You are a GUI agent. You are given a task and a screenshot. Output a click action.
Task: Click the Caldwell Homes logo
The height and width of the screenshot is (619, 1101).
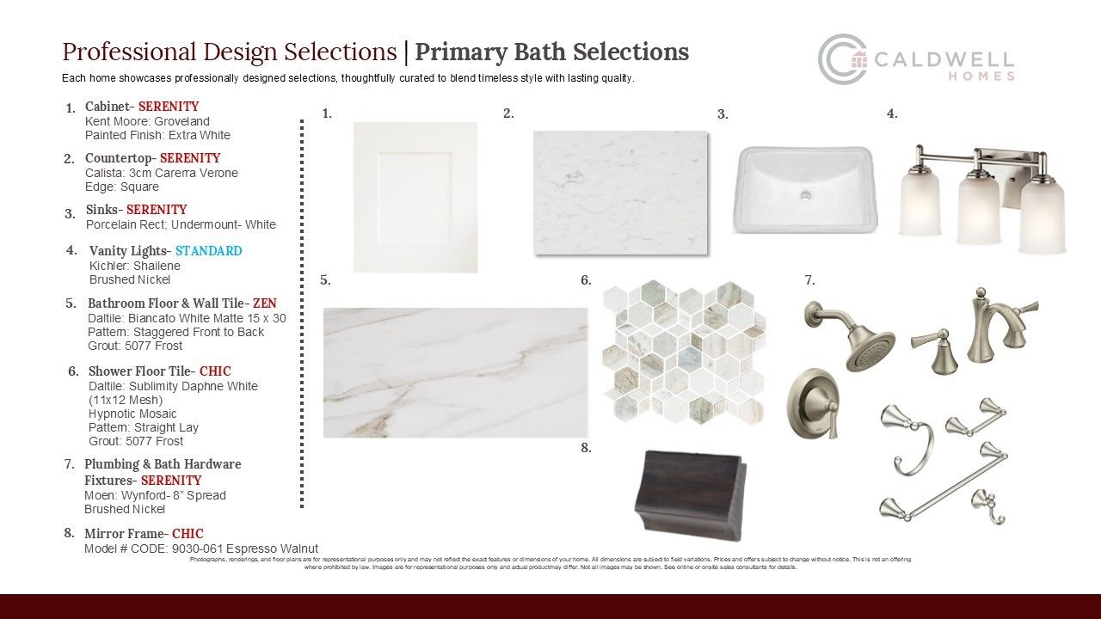pyautogui.click(x=916, y=59)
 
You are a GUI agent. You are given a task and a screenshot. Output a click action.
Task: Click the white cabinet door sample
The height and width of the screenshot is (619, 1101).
pyautogui.click(x=415, y=197)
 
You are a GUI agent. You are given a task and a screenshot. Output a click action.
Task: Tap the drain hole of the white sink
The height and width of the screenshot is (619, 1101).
pyautogui.click(x=805, y=195)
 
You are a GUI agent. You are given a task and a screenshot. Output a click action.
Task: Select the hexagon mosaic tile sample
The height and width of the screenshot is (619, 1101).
pyautogui.click(x=684, y=352)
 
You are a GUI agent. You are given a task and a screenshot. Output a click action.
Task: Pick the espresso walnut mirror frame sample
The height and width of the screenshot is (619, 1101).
pyautogui.click(x=691, y=495)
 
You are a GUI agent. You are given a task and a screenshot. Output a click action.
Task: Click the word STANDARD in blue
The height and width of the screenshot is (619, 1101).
pyautogui.click(x=208, y=250)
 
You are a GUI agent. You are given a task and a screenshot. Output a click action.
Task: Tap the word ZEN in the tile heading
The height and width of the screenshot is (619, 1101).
pyautogui.click(x=264, y=303)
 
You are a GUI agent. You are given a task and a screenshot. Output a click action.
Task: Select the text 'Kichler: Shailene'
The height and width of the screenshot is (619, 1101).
pyautogui.click(x=135, y=266)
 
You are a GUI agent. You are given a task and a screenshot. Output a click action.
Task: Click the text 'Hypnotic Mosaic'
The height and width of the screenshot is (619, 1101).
pyautogui.click(x=132, y=414)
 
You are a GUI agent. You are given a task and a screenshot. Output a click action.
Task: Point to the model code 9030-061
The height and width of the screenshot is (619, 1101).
pyautogui.click(x=197, y=549)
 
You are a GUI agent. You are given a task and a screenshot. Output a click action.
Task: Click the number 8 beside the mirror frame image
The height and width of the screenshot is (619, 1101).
pyautogui.click(x=586, y=448)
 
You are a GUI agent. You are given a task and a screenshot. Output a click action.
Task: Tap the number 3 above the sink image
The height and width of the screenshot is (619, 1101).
pyautogui.click(x=723, y=114)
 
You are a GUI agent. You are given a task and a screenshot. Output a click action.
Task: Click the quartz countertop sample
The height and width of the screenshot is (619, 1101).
pyautogui.click(x=620, y=193)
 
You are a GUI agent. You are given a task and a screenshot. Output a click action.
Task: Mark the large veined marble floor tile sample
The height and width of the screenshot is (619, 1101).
pyautogui.click(x=455, y=372)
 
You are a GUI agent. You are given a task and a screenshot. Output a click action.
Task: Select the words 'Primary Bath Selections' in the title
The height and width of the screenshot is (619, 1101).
pyautogui.click(x=551, y=52)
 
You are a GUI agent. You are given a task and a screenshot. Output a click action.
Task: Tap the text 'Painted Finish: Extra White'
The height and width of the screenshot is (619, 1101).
pyautogui.click(x=157, y=135)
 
